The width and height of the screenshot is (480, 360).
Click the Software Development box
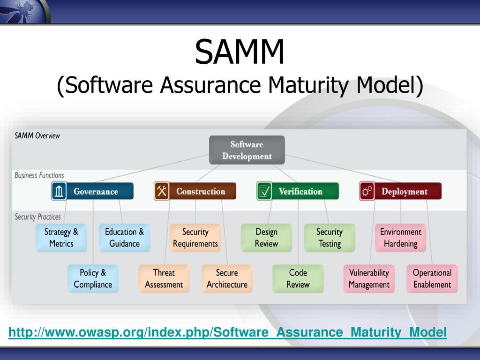(247, 150)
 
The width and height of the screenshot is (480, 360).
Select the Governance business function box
(92, 191)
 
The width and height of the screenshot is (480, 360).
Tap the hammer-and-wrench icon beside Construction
(162, 191)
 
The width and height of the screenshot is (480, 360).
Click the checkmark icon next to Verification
(264, 191)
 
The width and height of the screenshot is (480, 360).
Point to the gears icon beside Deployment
(367, 191)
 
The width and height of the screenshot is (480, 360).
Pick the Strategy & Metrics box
(61, 238)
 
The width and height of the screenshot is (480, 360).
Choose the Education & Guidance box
(124, 238)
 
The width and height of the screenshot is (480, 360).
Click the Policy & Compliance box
(93, 278)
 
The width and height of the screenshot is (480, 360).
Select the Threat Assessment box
(164, 278)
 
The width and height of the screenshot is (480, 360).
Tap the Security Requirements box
(195, 238)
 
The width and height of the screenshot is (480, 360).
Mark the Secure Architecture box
(227, 278)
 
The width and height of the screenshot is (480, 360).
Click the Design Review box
(266, 238)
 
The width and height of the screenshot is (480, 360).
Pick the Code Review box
(298, 278)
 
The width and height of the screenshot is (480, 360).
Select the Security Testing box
(330, 238)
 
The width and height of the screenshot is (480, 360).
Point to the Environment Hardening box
(401, 238)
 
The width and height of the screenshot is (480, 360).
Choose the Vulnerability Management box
(369, 278)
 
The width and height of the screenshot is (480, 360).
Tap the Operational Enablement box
(432, 278)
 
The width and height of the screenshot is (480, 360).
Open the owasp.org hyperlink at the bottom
(227, 332)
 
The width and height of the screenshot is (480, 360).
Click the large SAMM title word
(240, 52)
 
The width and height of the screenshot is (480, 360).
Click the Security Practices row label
(37, 217)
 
